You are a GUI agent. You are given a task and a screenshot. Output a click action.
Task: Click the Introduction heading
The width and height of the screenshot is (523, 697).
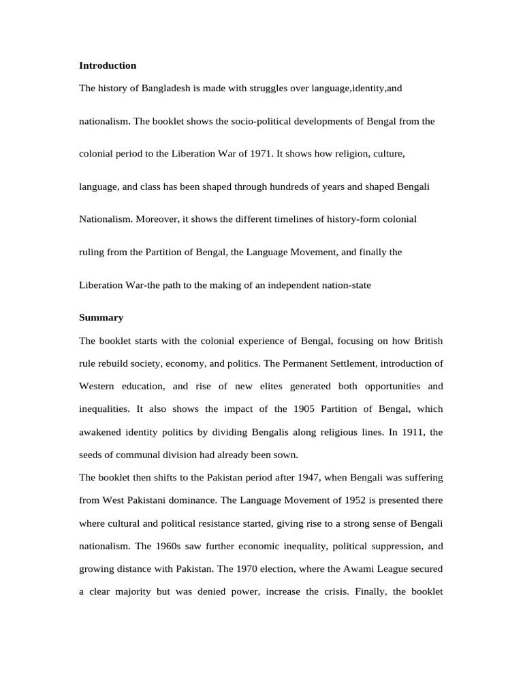coord(108,66)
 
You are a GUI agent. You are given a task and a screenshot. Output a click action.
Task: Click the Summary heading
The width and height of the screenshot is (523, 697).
coord(101,318)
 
